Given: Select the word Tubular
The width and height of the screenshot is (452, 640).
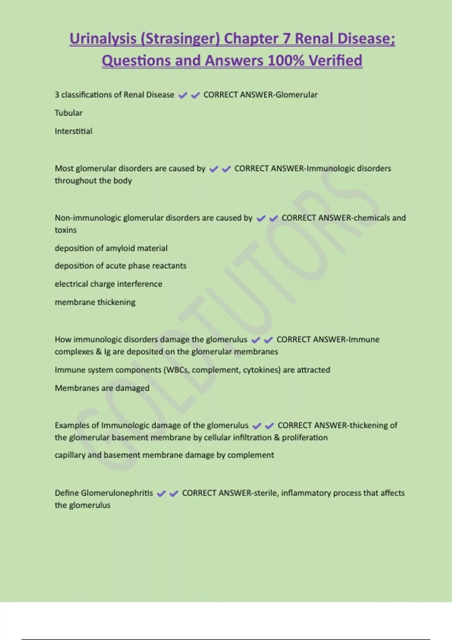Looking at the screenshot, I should pyautogui.click(x=69, y=113).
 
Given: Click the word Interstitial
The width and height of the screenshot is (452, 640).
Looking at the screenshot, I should pyautogui.click(x=73, y=131).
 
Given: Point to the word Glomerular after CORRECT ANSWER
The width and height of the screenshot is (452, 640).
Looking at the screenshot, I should pyautogui.click(x=296, y=95).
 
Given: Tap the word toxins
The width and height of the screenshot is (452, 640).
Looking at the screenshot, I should pyautogui.click(x=66, y=230).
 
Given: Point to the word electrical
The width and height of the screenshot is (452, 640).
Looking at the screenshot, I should pyautogui.click(x=71, y=284).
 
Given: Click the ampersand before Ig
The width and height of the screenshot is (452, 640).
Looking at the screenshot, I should pyautogui.click(x=99, y=352).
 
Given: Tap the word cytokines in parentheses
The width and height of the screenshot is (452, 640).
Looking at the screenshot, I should pyautogui.click(x=261, y=370).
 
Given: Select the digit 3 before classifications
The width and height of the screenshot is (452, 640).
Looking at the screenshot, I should pyautogui.click(x=57, y=95).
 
